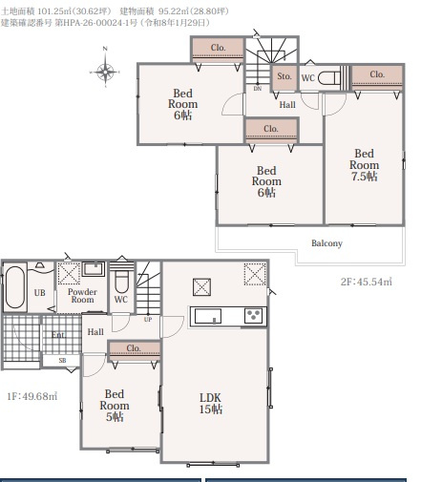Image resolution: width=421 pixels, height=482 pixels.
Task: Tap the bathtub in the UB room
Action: (15, 287)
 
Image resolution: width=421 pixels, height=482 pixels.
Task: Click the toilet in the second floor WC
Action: (329, 78)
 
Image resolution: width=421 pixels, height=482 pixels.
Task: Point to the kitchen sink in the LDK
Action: (208, 316)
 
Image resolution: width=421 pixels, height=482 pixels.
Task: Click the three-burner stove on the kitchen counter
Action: (254, 316)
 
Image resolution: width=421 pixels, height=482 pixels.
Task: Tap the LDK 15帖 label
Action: (211, 403)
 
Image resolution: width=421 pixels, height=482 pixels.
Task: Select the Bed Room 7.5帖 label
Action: (365, 165)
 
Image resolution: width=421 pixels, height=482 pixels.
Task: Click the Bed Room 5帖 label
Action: (115, 405)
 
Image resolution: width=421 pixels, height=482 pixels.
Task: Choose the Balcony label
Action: (326, 243)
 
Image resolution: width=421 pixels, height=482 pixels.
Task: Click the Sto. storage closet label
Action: (284, 76)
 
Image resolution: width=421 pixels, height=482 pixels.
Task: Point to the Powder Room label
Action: (82, 296)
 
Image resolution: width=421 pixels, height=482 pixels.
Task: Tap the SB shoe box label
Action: (62, 361)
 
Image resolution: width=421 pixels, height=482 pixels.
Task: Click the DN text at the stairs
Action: (258, 89)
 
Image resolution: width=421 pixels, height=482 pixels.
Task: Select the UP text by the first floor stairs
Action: (148, 320)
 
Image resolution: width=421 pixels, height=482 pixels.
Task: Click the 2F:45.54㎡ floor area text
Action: (367, 282)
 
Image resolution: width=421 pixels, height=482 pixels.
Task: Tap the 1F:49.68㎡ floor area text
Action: (32, 396)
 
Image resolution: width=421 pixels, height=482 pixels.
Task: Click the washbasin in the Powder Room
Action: (94, 269)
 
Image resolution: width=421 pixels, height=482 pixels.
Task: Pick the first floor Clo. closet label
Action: (134, 348)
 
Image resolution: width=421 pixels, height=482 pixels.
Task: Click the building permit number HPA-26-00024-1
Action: (95, 23)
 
